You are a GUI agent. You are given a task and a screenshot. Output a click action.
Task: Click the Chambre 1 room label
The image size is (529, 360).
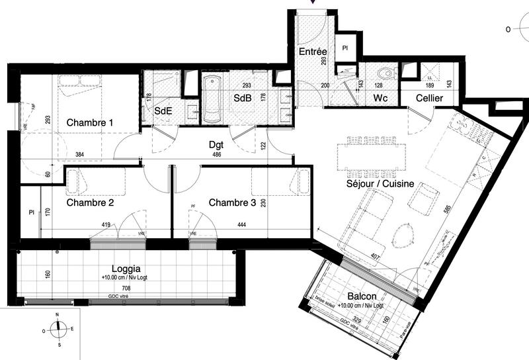click(90, 122)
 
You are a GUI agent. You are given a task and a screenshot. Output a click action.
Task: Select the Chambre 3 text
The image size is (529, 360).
click(232, 202)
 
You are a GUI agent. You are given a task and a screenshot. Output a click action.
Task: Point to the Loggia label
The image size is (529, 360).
click(126, 269)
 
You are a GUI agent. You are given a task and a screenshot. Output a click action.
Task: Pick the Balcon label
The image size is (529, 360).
click(361, 296)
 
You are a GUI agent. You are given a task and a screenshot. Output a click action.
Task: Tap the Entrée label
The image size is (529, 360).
click(312, 52)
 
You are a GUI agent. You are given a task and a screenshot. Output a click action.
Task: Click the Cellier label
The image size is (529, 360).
click(429, 99)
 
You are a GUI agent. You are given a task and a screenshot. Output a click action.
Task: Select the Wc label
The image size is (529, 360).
click(380, 99)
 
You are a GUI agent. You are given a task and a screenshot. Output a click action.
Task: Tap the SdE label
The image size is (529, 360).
click(163, 111)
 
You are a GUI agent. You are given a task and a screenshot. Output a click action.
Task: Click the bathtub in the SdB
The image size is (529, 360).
click(213, 100)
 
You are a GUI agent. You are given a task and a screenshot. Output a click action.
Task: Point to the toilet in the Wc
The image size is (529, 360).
click(384, 73)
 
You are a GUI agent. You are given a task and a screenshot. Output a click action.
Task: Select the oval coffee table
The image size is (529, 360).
click(403, 234)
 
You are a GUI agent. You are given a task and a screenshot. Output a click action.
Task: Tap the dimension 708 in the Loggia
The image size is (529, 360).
click(126, 289)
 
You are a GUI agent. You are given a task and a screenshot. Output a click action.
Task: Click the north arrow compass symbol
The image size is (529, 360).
click(59, 328)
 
